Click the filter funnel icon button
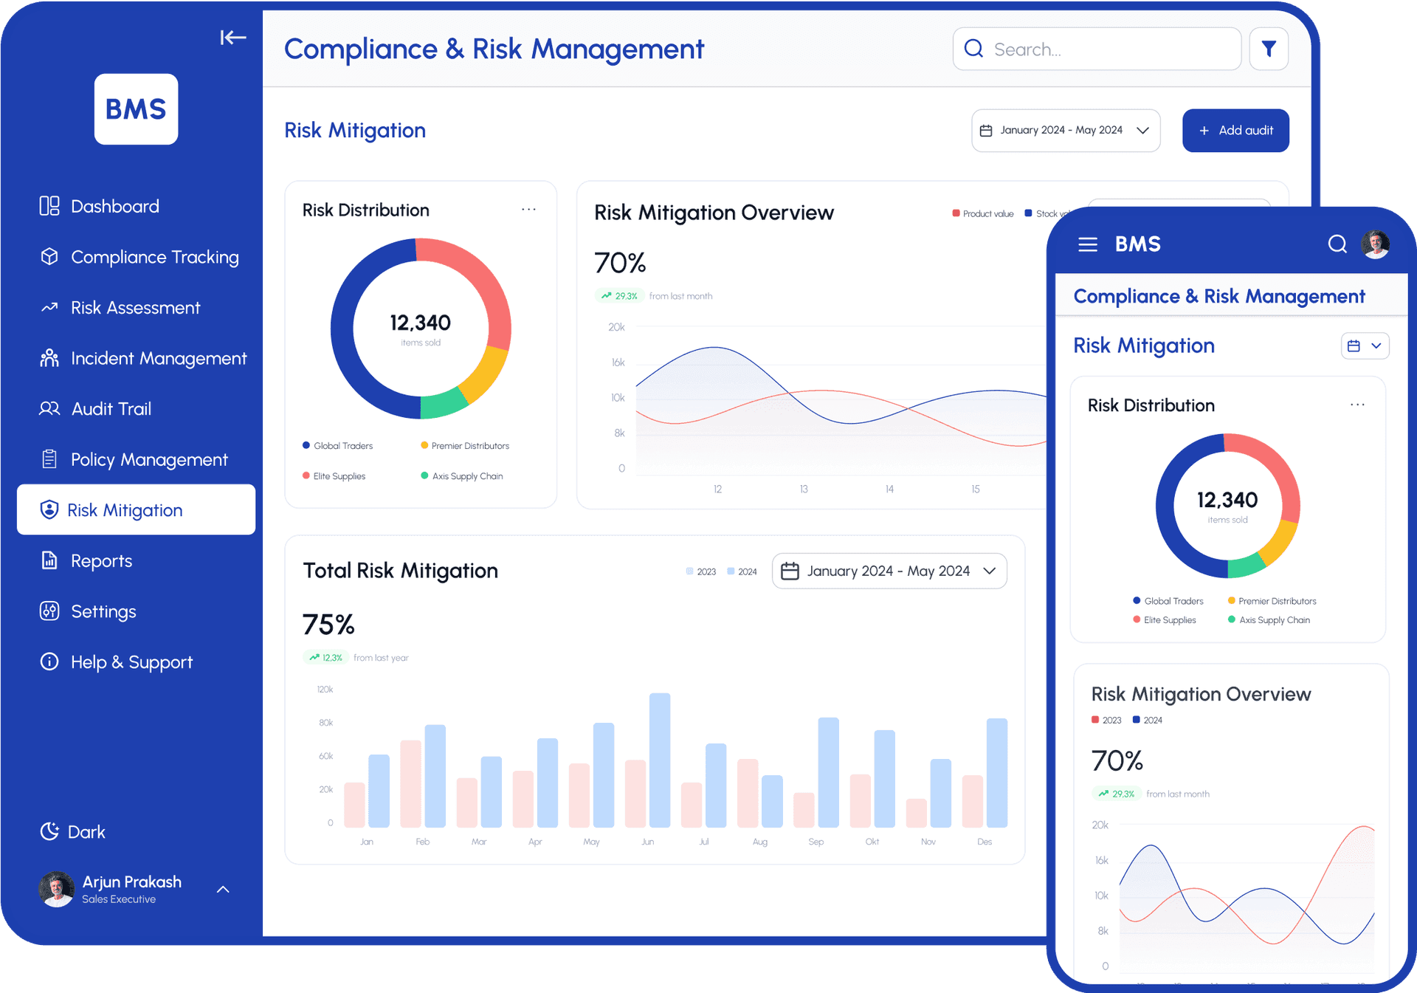1268,49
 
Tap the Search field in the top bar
1097,49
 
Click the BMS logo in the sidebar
136,109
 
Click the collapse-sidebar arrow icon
232,38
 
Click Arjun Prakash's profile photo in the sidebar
57,889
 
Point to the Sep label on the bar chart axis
816,842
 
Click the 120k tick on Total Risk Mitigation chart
325,690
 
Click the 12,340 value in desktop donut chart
420,323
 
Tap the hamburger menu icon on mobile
1087,244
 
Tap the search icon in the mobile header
1337,244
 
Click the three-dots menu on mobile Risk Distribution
1356,405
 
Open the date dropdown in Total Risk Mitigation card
889,571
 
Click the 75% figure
328,625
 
